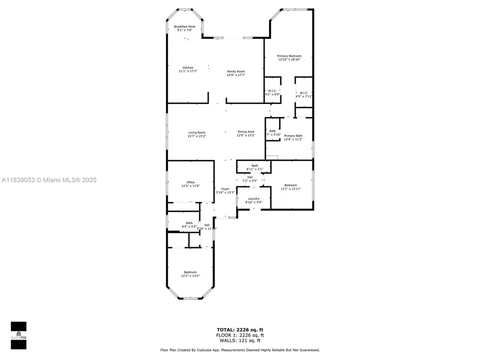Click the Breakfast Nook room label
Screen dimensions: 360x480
(x=185, y=27)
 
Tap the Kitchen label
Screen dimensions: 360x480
(x=188, y=67)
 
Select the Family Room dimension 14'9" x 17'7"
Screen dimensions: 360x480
(x=236, y=75)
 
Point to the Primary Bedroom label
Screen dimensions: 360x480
(x=289, y=56)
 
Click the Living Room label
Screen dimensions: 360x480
(x=196, y=133)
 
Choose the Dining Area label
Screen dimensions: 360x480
(x=246, y=132)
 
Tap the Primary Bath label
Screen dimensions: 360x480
(x=293, y=135)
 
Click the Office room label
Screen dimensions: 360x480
(x=190, y=182)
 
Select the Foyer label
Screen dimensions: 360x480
(x=225, y=189)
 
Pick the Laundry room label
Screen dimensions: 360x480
(x=254, y=199)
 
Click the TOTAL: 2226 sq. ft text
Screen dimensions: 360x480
(x=240, y=330)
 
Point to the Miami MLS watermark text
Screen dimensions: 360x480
(x=49, y=180)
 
